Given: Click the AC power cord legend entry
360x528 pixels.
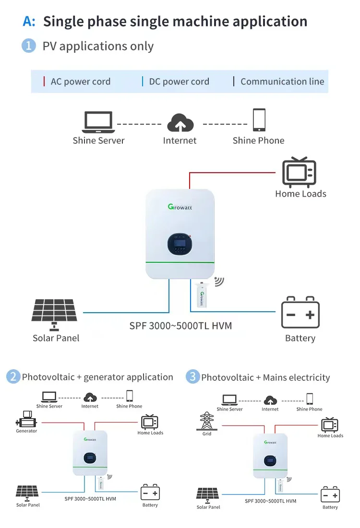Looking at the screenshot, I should coord(80,82).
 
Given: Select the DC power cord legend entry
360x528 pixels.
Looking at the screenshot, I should coord(179,82).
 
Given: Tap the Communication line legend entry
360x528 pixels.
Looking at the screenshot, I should coord(282,82).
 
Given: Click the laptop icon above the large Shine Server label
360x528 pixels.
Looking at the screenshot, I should coord(98,122).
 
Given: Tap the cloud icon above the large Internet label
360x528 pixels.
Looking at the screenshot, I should coord(180,123).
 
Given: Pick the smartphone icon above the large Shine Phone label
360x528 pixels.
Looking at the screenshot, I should coord(259,120).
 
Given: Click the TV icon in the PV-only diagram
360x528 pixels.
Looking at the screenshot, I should coord(300,172).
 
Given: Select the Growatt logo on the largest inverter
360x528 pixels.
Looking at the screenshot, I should coord(180,207).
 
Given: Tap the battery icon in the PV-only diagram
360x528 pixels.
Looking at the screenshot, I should coord(300,312).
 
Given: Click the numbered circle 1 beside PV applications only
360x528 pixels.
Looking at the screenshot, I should coord(29,46).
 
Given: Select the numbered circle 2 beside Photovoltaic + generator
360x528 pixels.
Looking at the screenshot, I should coord(13,377).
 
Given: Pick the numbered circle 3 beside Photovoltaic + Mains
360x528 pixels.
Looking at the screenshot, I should coord(192,377).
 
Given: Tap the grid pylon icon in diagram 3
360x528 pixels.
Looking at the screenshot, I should coord(206,421).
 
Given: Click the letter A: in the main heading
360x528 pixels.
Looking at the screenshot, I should coord(29,22).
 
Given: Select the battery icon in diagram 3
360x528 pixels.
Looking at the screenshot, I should coord(330,494).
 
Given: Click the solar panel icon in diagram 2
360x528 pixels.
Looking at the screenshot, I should coord(27,492).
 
